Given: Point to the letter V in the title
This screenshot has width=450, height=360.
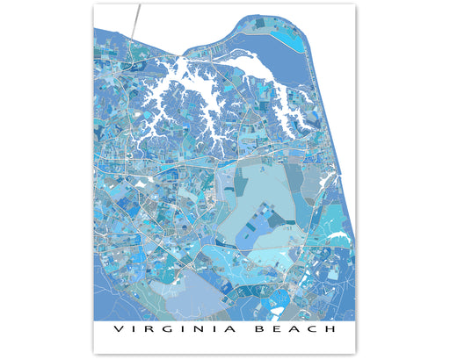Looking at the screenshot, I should point(118,330).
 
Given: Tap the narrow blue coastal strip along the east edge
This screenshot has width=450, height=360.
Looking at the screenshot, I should point(347,211).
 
